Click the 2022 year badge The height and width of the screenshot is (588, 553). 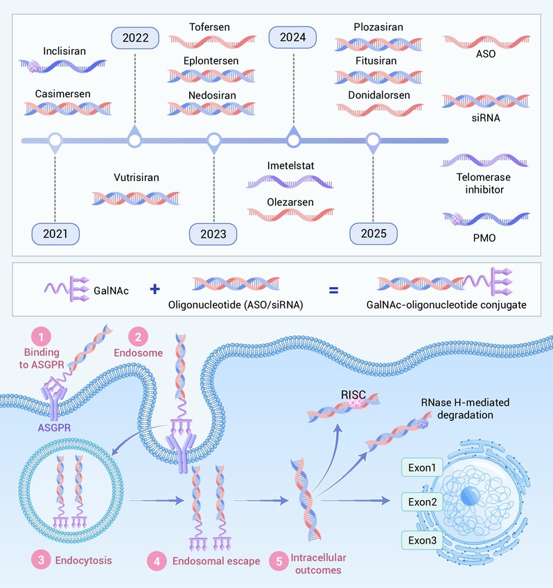coord(135,38)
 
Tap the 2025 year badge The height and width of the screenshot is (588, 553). coord(374,234)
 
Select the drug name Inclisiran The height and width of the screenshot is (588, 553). coord(64,51)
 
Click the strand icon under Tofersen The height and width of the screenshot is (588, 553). coord(213,42)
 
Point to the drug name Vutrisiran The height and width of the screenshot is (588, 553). coord(137,178)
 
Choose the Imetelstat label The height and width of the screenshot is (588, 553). coord(291,166)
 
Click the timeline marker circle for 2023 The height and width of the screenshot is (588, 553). coord(214,141)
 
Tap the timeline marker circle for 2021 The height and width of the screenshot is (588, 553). coord(55,141)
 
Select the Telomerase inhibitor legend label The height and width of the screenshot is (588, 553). coord(484,183)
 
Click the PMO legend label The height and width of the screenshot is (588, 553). coord(484,238)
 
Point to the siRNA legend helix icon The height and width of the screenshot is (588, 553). coord(486,101)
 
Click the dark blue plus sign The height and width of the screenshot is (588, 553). coord(155,289)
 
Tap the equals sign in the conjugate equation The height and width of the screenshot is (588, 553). coord(333,290)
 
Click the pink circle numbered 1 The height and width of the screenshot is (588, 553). coord(41,337)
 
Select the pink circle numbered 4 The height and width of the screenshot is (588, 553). coord(157,561)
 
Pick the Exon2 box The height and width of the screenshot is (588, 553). coord(422,502)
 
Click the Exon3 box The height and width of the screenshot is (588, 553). coord(422,540)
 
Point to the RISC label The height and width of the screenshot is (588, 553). coord(353,395)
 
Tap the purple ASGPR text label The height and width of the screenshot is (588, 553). coord(54,428)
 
